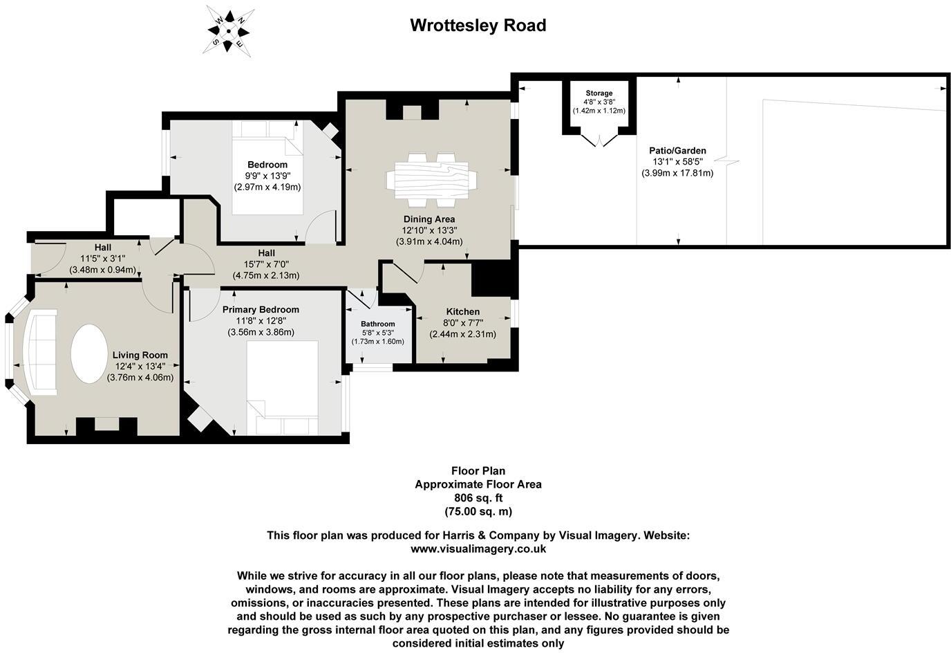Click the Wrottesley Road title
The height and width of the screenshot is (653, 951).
478,26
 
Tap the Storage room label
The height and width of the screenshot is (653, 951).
599,93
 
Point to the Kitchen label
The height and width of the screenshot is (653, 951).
462,312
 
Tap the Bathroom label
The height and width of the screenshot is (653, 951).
377,324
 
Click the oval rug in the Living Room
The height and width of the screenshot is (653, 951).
89,353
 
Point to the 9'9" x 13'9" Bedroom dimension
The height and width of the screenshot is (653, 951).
267,176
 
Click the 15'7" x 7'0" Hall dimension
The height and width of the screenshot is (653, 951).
267,264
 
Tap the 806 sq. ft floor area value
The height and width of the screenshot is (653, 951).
478,498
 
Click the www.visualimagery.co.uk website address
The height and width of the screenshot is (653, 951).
478,549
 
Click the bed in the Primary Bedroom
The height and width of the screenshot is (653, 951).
282,387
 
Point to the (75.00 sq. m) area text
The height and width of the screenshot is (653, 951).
478,512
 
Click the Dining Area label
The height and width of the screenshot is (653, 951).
429,219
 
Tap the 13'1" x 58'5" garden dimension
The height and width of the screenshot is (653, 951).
677,162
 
